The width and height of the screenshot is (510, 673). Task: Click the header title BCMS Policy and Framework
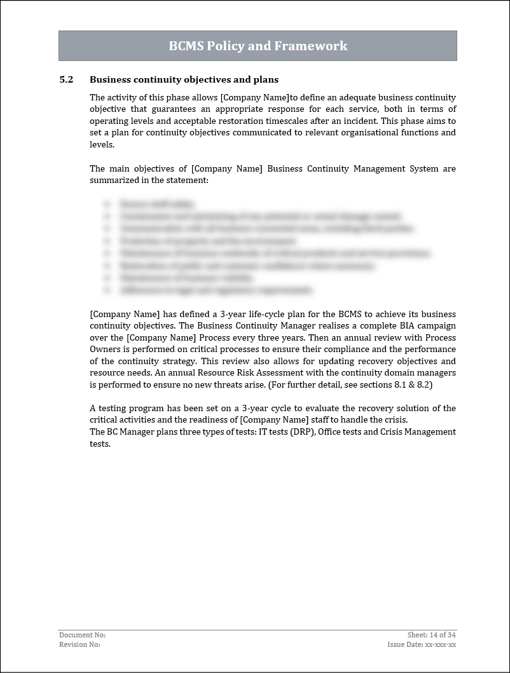pyautogui.click(x=258, y=46)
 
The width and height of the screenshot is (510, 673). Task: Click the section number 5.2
pyautogui.click(x=66, y=79)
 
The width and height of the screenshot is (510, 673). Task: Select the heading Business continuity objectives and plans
pyautogui.click(x=184, y=79)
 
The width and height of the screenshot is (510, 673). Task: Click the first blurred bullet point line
pyautogui.click(x=156, y=204)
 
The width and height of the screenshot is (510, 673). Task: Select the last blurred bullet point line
pyautogui.click(x=216, y=290)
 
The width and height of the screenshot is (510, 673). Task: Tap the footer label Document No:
pyautogui.click(x=82, y=635)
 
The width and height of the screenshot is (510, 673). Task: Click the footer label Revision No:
pyautogui.click(x=79, y=644)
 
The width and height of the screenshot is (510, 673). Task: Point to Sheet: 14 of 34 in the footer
pyautogui.click(x=431, y=635)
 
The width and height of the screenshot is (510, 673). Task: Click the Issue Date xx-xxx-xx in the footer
pyautogui.click(x=422, y=644)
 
